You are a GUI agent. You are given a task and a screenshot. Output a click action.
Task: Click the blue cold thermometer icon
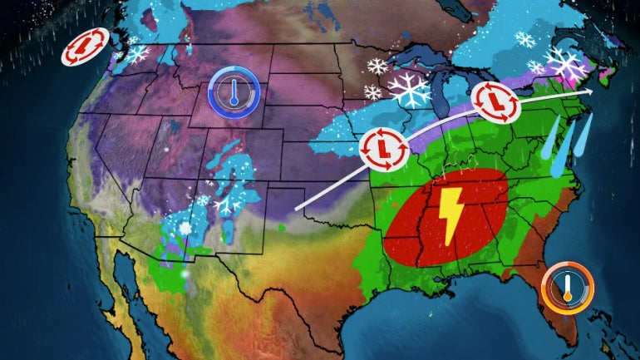[x=234, y=91]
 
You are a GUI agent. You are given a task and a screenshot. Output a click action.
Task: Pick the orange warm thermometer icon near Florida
[x=568, y=288]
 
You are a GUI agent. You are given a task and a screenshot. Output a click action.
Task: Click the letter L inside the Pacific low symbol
[x=86, y=47]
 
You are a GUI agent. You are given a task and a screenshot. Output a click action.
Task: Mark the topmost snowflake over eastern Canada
[x=524, y=39]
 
